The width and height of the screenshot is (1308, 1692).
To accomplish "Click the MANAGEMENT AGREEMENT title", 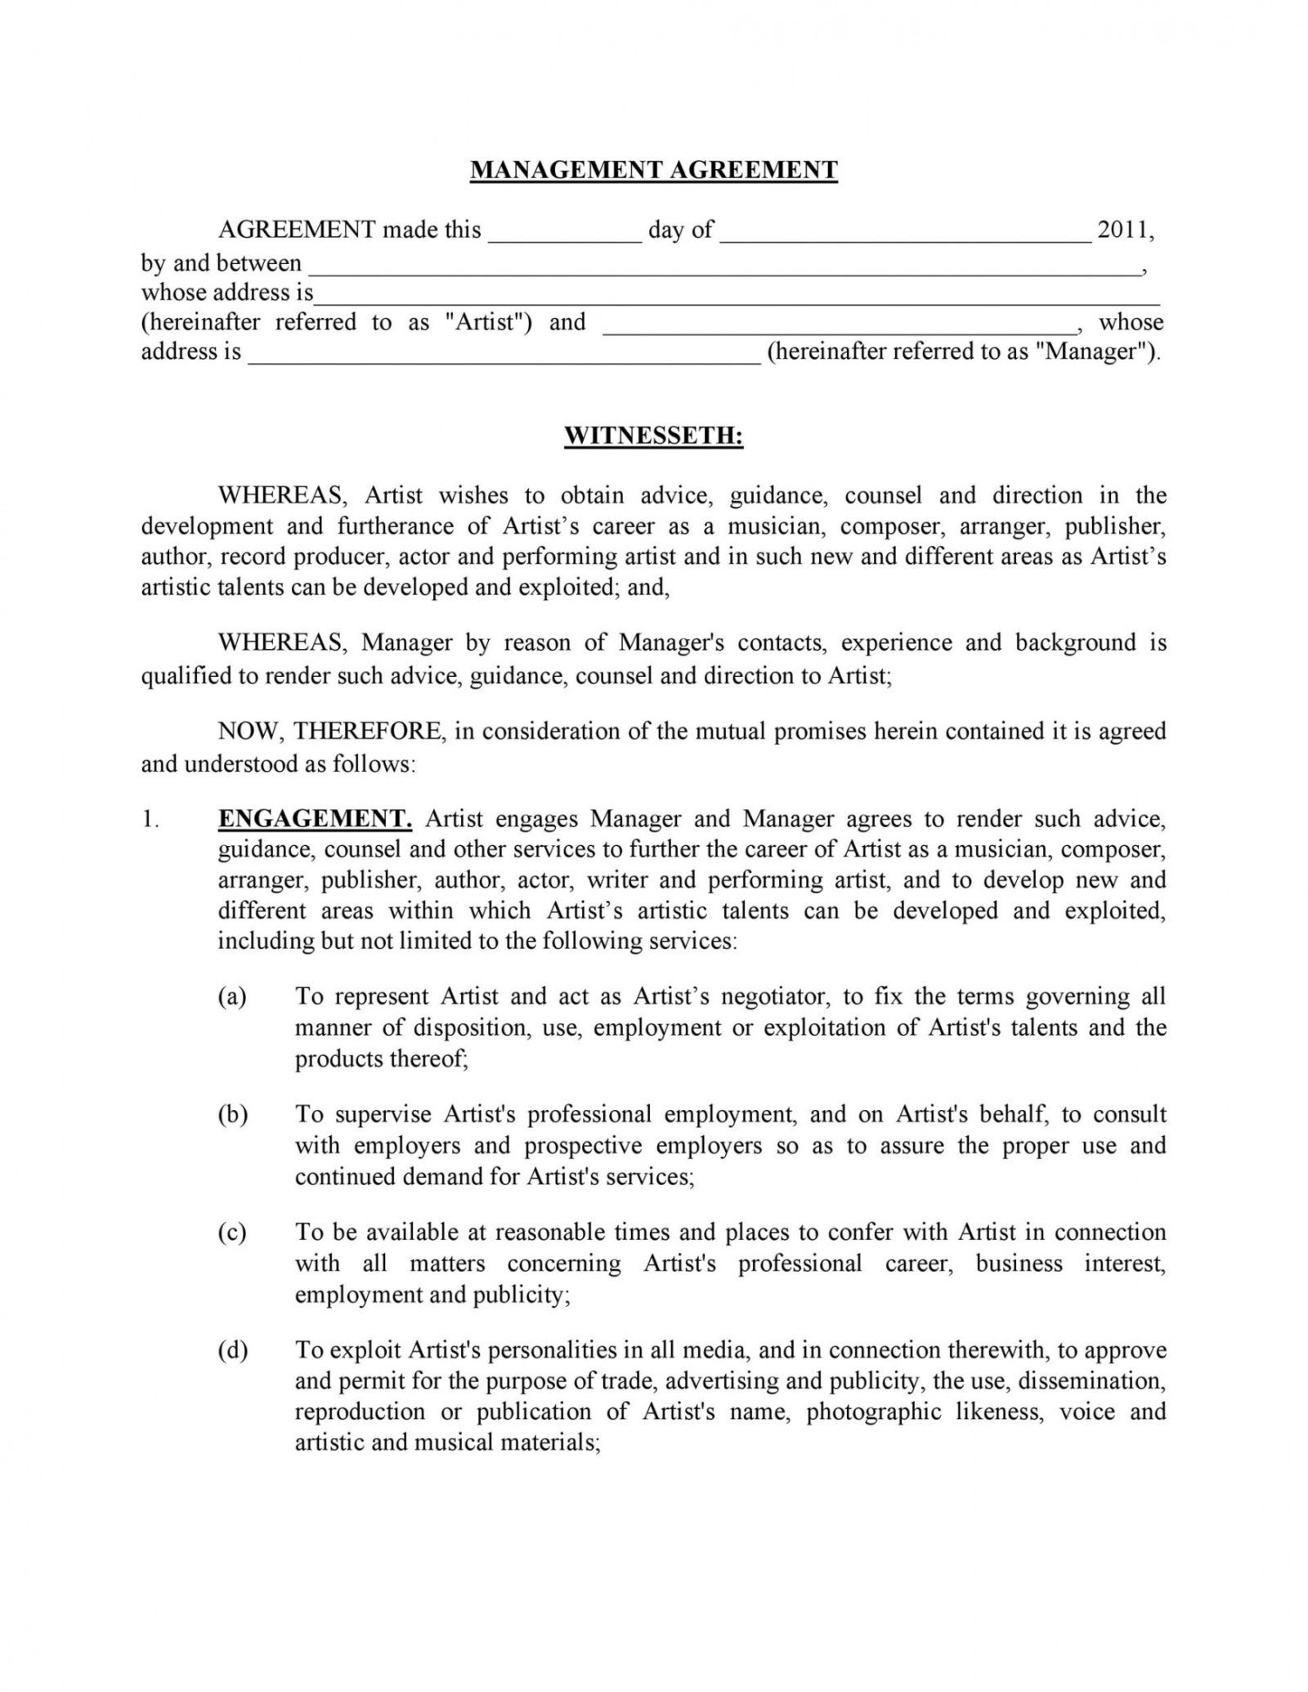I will point(654,169).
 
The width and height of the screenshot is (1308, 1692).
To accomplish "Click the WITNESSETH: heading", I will point(654,436).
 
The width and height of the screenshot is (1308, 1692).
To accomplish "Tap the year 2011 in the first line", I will point(1122,230).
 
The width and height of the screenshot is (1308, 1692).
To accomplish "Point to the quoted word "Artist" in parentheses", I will point(485,321).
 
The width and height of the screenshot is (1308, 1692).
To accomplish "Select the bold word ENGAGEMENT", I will point(315,818).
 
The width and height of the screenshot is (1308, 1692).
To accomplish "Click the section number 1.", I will point(150,819).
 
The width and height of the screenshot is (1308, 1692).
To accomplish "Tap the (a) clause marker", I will point(232,996).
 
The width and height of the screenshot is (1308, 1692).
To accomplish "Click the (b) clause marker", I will point(232,1114).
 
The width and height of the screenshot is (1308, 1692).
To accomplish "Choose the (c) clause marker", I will point(232,1233).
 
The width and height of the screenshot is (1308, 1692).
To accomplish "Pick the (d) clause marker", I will point(232,1350).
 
